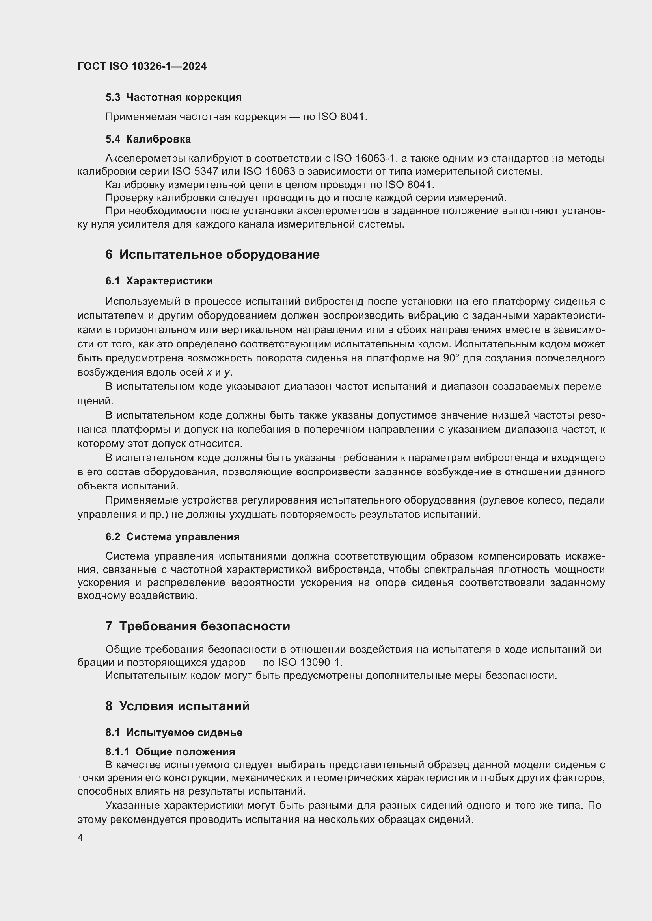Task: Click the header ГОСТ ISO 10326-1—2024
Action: pyautogui.click(x=142, y=67)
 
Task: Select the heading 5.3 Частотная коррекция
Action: pyautogui.click(x=173, y=98)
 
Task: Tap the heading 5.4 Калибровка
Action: pyautogui.click(x=148, y=139)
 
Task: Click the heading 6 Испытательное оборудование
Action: pyautogui.click(x=212, y=255)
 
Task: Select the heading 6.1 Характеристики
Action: pyautogui.click(x=159, y=281)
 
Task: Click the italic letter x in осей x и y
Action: pyautogui.click(x=209, y=372)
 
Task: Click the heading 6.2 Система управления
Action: pyautogui.click(x=172, y=537)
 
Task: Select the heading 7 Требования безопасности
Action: pyautogui.click(x=197, y=626)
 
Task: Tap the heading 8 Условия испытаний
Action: pyautogui.click(x=177, y=706)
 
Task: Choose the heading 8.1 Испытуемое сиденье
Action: pyautogui.click(x=174, y=732)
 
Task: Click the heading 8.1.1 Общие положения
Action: pyautogui.click(x=170, y=752)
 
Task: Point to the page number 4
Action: pyautogui.click(x=80, y=838)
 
